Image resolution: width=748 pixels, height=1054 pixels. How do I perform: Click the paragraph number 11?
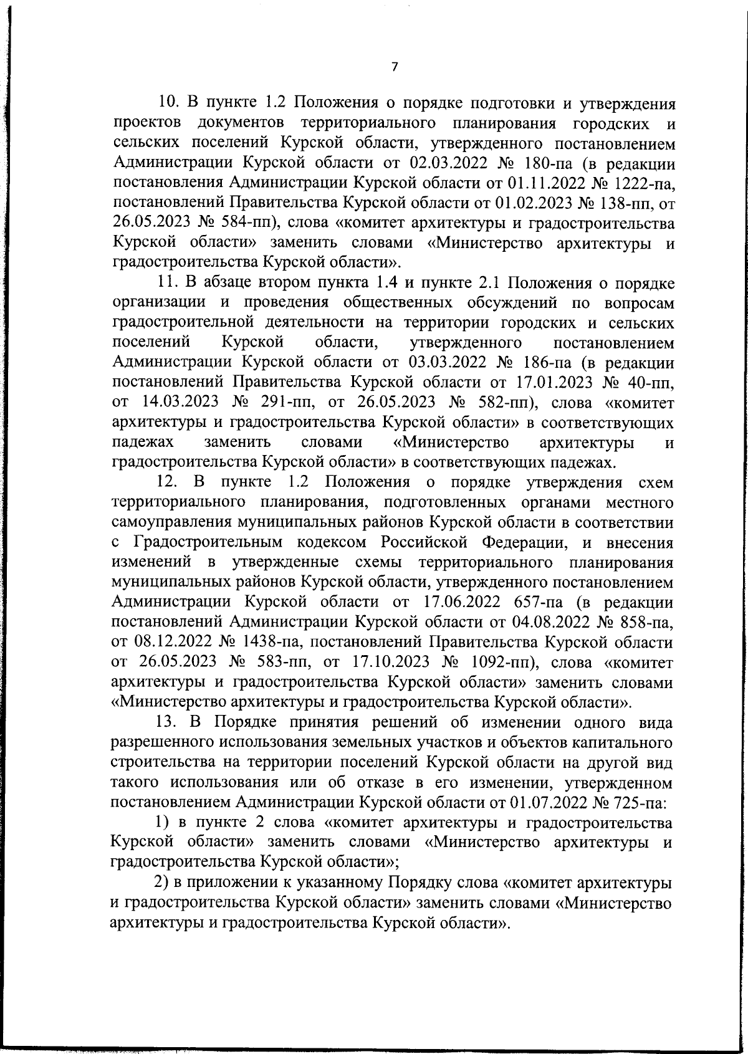[x=168, y=283]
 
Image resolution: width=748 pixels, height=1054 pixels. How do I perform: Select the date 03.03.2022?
[x=445, y=363]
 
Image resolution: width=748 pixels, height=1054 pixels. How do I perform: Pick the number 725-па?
[x=638, y=802]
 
